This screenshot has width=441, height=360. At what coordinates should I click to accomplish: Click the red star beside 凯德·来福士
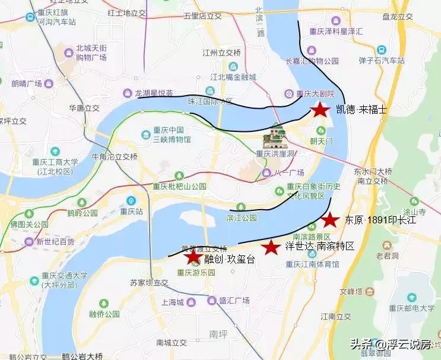(321, 109)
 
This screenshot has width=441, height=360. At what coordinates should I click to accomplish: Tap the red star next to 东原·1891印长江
(330, 220)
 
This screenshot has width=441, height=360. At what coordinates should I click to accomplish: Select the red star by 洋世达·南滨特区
(271, 247)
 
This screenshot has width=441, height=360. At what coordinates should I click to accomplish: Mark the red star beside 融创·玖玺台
(192, 257)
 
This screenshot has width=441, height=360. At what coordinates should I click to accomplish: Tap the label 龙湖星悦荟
(153, 93)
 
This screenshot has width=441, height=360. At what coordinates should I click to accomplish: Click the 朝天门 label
(322, 141)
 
